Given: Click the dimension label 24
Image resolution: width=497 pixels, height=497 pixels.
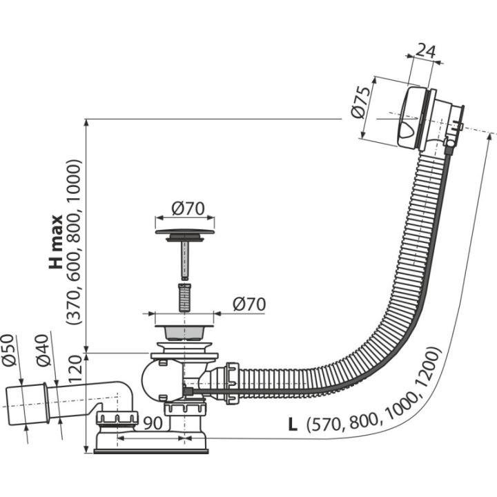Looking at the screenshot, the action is pos(425,51).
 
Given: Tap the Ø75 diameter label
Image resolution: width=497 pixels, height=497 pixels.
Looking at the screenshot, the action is pos(361,102).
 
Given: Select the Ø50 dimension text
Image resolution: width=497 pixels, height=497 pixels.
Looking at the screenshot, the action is pos(9,349).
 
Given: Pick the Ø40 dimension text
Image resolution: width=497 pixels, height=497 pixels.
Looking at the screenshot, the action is pos(43,350).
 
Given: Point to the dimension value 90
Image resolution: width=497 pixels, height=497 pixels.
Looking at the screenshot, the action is pos(153,422).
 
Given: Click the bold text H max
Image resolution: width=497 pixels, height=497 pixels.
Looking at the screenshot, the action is pos(56,242).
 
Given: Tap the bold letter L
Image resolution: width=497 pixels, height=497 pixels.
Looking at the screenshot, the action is pos(293,424).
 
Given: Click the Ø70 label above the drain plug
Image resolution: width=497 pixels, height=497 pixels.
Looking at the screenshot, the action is pos(188,208).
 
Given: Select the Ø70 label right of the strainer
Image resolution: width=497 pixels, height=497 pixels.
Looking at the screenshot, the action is pos(249,304).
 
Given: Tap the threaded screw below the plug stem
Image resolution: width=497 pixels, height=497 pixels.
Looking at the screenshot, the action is pos(185,298).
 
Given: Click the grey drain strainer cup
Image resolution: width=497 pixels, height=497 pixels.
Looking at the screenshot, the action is pos(185,332).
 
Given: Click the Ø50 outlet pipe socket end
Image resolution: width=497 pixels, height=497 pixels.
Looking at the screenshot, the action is pos(27,405).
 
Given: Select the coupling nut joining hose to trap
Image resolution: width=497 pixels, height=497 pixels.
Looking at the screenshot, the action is pos(231,383).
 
